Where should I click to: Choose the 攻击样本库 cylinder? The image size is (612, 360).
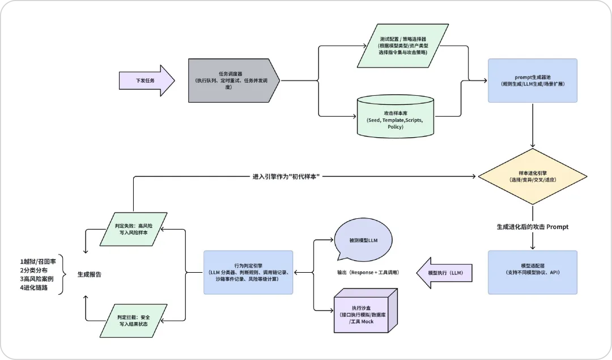[396, 116]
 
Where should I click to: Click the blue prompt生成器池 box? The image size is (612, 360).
[532, 80]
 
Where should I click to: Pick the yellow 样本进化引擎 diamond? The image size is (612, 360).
[532, 176]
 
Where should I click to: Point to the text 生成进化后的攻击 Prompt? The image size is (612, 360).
[532, 227]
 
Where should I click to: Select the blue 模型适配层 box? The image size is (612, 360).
[532, 272]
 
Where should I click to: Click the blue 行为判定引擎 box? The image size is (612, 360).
[248, 272]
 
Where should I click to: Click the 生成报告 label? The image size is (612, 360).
[90, 274]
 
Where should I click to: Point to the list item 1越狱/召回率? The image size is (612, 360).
[38, 261]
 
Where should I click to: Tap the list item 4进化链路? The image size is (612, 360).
[36, 287]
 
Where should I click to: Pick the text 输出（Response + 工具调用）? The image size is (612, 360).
[368, 273]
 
